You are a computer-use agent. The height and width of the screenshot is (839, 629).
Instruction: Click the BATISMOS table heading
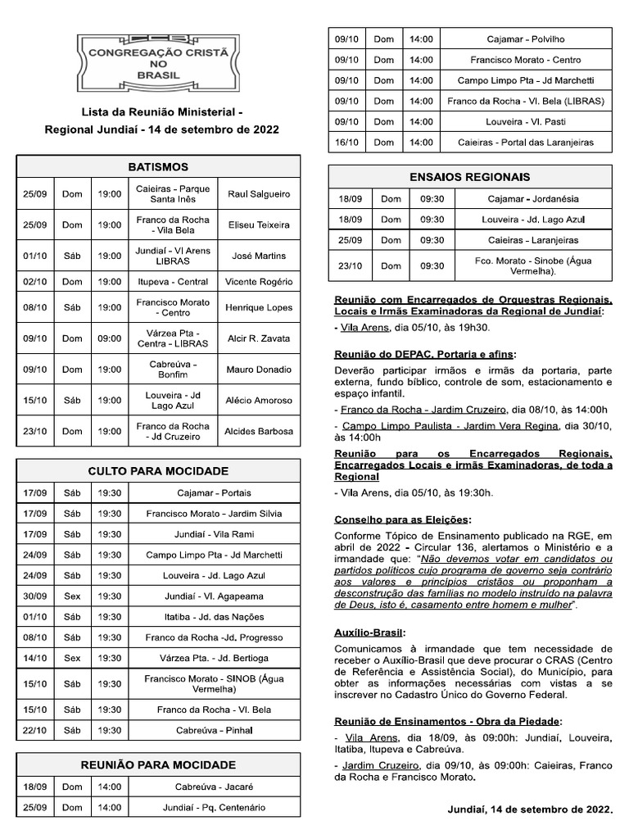click(158, 166)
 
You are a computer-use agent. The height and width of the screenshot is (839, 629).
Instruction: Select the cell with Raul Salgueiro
click(258, 194)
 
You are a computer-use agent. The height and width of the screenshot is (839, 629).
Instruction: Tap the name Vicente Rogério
click(258, 281)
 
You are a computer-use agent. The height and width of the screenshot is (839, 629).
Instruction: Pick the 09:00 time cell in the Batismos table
click(110, 338)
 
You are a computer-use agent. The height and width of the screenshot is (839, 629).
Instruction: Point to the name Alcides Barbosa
click(258, 431)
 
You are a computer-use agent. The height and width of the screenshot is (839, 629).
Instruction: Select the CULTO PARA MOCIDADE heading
click(158, 471)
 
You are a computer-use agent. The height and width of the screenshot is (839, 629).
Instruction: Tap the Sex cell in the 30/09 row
click(73, 596)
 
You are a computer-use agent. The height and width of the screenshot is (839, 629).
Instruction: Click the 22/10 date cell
click(35, 730)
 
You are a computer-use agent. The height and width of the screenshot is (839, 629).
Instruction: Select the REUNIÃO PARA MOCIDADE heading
click(158, 765)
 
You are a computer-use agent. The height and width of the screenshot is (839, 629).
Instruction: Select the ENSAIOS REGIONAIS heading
click(469, 176)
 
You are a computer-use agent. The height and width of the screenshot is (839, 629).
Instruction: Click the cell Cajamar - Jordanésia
click(532, 198)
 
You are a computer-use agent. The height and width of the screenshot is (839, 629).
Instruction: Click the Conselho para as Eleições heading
click(403, 519)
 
